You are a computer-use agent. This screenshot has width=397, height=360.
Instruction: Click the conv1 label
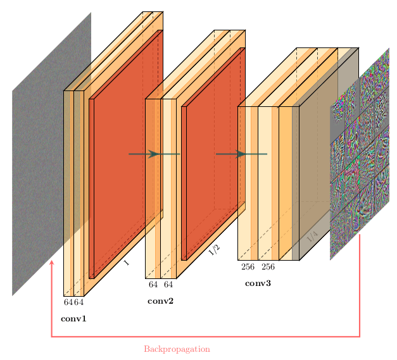[x=73, y=318]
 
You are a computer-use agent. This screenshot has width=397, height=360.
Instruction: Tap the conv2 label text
[x=160, y=301]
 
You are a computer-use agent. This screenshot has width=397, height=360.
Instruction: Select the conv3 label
[x=258, y=283]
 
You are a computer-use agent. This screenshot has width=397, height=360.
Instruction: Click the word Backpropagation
[x=177, y=349]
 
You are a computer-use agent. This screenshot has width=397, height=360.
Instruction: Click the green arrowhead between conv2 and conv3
[x=241, y=154]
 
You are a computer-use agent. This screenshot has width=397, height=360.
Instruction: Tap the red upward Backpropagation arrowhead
[x=52, y=262]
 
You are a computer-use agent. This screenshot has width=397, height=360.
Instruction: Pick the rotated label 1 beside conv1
[x=127, y=263]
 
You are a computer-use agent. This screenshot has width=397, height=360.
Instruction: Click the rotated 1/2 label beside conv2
[x=214, y=251]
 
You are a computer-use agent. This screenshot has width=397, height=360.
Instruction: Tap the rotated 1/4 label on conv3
[x=312, y=237]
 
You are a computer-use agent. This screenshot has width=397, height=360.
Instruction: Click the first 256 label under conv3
[x=248, y=267]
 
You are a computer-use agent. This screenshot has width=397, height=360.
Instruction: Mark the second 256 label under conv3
[x=268, y=267]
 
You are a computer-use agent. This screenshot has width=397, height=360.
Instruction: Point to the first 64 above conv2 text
[x=153, y=285]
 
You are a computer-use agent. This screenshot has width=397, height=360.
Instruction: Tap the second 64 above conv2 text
[x=168, y=285]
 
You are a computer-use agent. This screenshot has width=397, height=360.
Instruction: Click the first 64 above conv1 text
[x=68, y=302]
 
